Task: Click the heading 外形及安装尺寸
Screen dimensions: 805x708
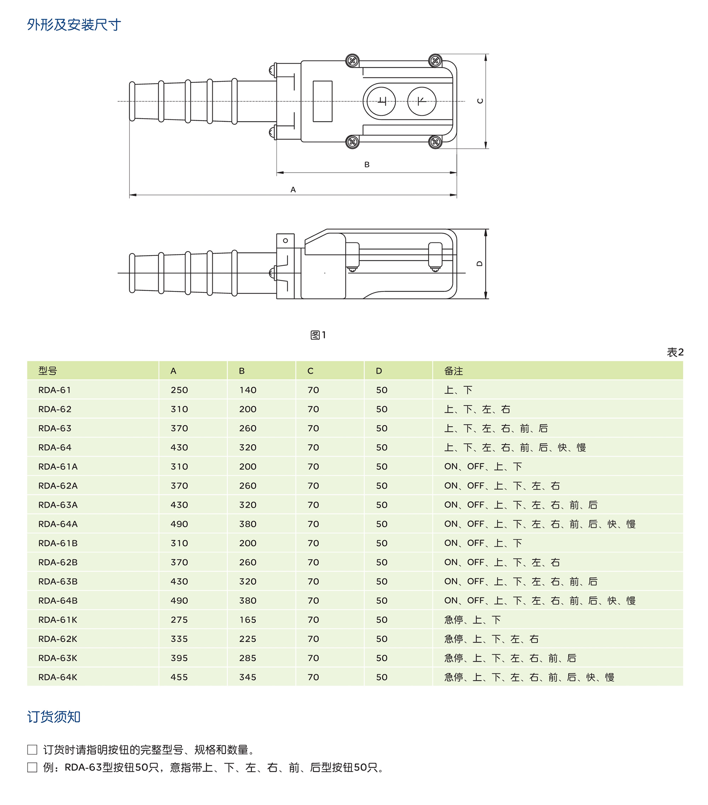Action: [74, 25]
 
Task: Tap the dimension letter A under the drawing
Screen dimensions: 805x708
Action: [293, 189]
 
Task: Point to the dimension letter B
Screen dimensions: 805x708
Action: [367, 165]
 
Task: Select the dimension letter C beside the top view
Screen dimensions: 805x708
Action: [480, 101]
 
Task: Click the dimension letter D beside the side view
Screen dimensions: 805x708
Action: [479, 263]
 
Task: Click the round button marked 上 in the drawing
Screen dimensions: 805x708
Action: [381, 101]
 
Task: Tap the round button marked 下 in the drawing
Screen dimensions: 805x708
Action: [422, 101]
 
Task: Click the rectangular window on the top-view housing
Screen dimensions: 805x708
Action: [322, 101]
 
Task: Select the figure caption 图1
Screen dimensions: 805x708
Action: [318, 335]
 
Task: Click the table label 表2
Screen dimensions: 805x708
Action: [675, 352]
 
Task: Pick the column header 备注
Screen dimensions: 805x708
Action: [453, 371]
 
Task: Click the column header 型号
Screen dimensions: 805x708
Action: [48, 371]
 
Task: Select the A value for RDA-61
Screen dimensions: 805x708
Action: [179, 390]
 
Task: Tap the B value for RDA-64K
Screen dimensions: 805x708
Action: [248, 677]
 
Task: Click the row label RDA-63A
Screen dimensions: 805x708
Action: [58, 505]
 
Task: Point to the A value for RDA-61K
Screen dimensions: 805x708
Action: [179, 620]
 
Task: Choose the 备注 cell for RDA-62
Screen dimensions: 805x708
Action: [477, 409]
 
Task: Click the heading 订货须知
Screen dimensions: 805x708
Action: [54, 717]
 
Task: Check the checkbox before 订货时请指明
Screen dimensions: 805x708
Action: [32, 749]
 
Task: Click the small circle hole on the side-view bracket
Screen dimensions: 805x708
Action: [285, 241]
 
